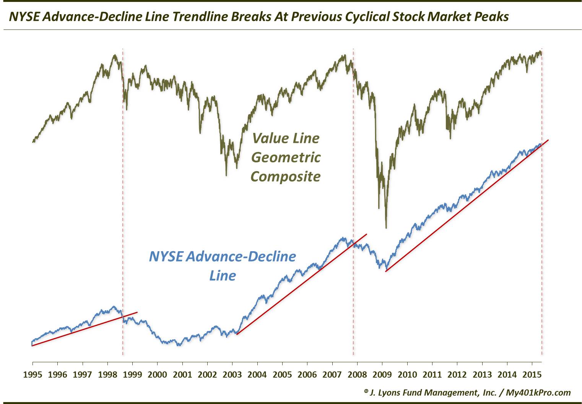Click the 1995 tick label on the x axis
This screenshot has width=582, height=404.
pos(33,374)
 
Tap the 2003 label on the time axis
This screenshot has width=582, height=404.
pos(232,374)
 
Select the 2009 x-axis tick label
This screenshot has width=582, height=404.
pos(382,374)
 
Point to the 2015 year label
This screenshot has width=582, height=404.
pos(532,374)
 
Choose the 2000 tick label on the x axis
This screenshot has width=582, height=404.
pos(157,374)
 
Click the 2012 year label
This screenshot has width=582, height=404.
pos(457,374)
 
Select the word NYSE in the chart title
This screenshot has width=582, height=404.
pos(23,16)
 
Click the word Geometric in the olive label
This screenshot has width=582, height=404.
pos(286,157)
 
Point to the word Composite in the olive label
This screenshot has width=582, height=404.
pos(286,176)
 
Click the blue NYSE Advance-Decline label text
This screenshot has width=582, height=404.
pos(222,256)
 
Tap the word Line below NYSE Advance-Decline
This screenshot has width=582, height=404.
pos(223,275)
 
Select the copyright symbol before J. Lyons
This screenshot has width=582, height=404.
pos(366,391)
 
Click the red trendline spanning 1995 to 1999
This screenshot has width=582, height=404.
pos(84,329)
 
